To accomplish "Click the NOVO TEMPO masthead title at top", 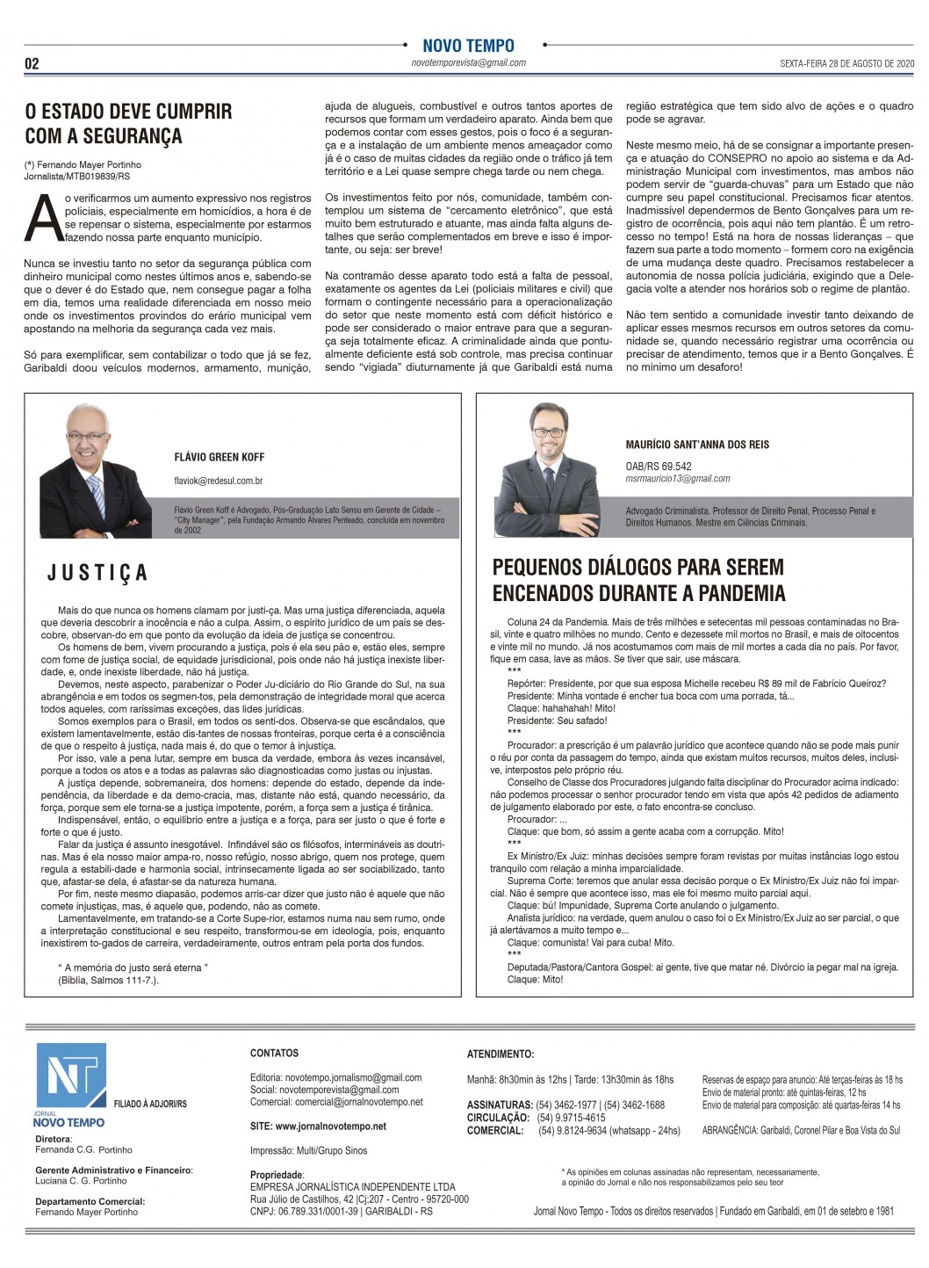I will (x=468, y=46).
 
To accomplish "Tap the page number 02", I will (x=32, y=64).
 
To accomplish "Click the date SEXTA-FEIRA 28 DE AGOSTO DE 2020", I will (x=847, y=64).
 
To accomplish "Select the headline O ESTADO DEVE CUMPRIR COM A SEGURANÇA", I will (x=128, y=124).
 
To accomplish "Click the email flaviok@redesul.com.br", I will (x=219, y=481).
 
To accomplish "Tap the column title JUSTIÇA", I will (x=97, y=574).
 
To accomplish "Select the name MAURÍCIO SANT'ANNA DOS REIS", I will (x=697, y=445).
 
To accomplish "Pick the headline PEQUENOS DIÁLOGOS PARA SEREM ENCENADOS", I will (x=638, y=580).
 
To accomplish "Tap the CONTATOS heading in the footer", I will (x=274, y=1053).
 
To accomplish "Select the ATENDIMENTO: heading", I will (x=500, y=1054).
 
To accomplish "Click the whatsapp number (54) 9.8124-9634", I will (x=572, y=1131).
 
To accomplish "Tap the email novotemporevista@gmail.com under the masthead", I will (x=468, y=63).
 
